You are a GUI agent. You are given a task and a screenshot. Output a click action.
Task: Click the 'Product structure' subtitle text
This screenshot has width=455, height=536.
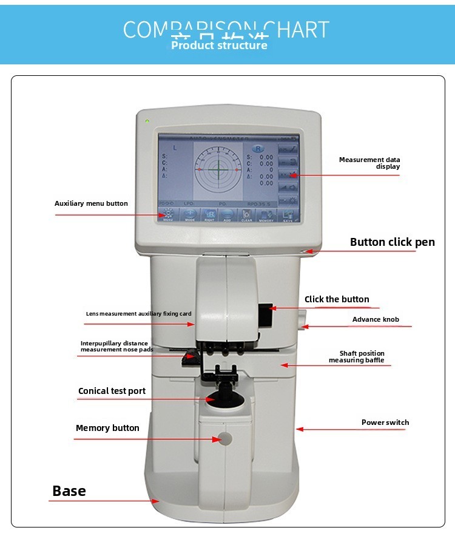(x=219, y=46)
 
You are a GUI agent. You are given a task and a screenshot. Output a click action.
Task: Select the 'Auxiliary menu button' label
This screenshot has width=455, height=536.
(x=91, y=203)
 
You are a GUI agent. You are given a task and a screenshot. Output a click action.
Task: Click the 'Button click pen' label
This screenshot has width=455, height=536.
(x=392, y=242)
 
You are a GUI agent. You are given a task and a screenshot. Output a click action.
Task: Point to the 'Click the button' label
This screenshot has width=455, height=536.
(x=337, y=299)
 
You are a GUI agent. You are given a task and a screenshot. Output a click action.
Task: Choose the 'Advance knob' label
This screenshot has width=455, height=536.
(x=376, y=319)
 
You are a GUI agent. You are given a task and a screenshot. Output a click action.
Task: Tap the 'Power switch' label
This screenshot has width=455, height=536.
(x=385, y=422)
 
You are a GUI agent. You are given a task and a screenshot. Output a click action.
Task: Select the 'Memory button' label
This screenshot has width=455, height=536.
(x=107, y=428)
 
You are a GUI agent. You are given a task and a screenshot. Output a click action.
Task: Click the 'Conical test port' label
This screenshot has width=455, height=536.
(x=112, y=391)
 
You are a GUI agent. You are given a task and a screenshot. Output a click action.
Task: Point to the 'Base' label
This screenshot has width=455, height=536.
(x=69, y=491)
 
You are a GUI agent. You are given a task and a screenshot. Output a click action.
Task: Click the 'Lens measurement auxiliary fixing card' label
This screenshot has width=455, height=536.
(x=138, y=314)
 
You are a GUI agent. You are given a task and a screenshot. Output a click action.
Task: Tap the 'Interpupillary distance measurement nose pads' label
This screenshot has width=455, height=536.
(x=114, y=347)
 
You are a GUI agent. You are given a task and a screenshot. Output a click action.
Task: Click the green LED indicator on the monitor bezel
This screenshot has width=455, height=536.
(x=147, y=121)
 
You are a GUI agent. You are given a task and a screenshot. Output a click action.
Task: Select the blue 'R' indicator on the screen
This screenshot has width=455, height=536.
(x=258, y=148)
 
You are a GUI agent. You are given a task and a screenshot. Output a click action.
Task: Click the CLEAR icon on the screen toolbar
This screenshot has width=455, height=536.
(x=247, y=216)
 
